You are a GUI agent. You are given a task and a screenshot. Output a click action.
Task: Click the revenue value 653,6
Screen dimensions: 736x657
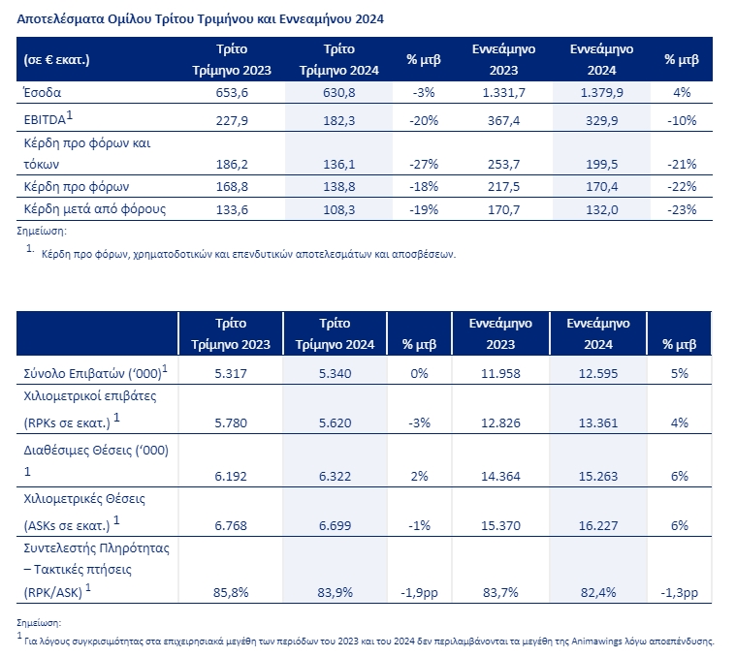tap(232, 93)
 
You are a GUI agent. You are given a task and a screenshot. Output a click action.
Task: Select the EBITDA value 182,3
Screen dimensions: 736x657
tap(338, 121)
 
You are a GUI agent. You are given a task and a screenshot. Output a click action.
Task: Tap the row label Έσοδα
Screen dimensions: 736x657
tap(43, 92)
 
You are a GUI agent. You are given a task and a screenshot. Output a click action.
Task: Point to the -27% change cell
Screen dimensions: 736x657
tap(424, 165)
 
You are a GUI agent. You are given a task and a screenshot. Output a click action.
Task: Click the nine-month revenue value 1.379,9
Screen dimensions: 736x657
tap(602, 93)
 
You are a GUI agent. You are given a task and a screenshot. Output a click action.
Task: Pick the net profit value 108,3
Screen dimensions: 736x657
tap(338, 209)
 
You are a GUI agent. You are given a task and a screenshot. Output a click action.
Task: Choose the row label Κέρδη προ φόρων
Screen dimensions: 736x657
tap(77, 187)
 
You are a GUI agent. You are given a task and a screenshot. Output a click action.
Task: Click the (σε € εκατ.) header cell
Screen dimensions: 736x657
tap(56, 60)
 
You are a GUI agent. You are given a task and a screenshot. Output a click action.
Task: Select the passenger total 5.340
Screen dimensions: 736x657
tap(336, 374)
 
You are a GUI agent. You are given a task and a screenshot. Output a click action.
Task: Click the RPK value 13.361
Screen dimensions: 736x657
tap(598, 423)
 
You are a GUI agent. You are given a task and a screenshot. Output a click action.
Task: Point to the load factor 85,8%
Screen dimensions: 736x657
tap(231, 593)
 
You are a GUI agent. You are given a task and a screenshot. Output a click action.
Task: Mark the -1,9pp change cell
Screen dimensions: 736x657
tap(419, 593)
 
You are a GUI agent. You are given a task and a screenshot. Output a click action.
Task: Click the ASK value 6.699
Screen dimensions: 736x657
tap(336, 525)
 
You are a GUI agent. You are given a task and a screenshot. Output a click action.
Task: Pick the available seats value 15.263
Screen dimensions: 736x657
tap(598, 477)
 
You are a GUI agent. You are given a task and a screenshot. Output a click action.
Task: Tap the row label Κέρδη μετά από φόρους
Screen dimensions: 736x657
tap(95, 208)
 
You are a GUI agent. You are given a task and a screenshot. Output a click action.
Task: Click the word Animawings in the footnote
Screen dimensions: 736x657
tap(596, 641)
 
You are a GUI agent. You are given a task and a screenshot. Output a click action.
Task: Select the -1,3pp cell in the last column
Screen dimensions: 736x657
tap(679, 593)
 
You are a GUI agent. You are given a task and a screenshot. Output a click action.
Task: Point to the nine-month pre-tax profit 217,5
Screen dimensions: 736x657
tap(503, 187)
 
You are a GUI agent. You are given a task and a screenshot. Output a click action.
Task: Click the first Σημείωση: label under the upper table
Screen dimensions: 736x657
tap(42, 231)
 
